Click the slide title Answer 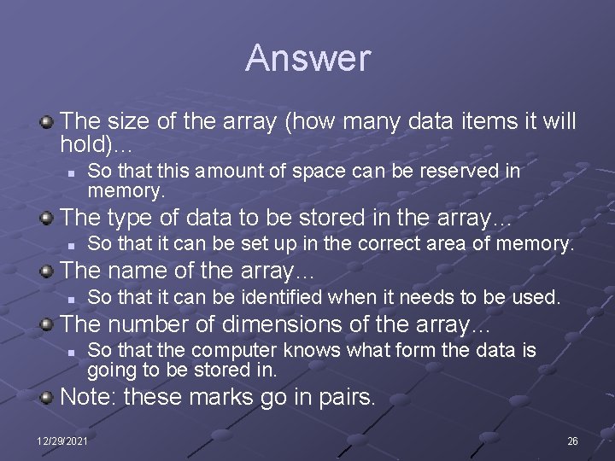[x=307, y=58]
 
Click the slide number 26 [x=572, y=441]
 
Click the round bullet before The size [x=48, y=121]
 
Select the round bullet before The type [x=48, y=218]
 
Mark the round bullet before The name [x=48, y=272]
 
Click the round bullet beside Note [x=48, y=398]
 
